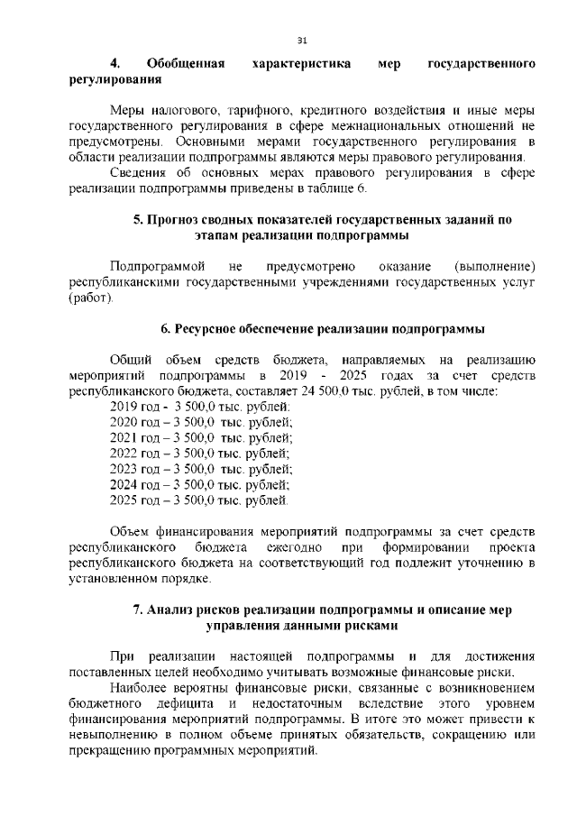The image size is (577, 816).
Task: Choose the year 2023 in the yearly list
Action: coord(123,469)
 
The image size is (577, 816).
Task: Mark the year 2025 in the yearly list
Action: coord(123,500)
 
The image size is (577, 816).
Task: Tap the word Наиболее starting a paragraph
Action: coord(135,688)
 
